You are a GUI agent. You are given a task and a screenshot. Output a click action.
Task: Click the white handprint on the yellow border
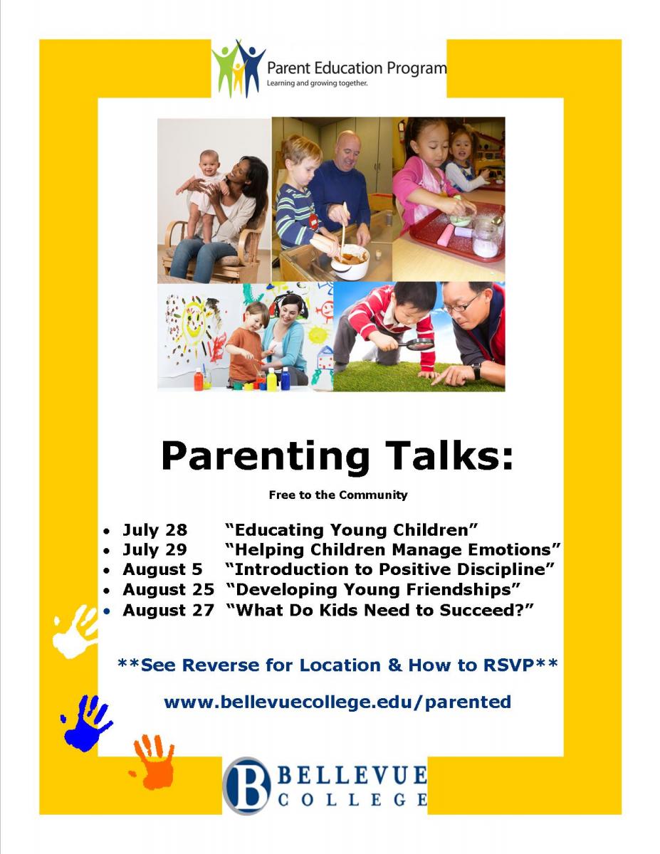click(75, 631)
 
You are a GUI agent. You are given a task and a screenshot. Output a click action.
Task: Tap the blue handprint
click(85, 722)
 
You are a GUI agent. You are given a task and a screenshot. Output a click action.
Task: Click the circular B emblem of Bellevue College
click(246, 785)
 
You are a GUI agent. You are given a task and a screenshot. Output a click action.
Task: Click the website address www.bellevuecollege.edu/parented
click(337, 702)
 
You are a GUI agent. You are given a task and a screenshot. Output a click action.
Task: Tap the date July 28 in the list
click(154, 529)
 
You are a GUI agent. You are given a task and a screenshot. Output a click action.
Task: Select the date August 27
click(168, 610)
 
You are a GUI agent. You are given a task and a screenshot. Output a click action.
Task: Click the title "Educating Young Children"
click(351, 529)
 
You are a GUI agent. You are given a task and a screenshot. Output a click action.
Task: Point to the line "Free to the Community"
click(337, 495)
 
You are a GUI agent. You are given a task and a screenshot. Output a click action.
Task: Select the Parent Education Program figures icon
click(237, 67)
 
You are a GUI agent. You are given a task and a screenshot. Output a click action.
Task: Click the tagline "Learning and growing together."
click(317, 83)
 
